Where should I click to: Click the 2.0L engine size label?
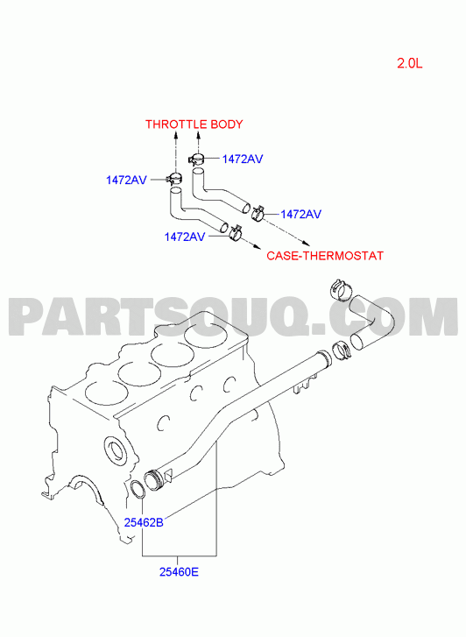tap(410, 63)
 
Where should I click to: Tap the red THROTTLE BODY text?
tap(194, 124)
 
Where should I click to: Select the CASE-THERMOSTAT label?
tap(325, 256)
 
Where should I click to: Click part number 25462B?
tap(144, 522)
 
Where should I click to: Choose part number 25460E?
tap(179, 572)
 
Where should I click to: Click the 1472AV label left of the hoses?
tap(126, 180)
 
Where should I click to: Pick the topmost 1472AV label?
tap(242, 159)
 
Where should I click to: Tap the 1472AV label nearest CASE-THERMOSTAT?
tap(300, 214)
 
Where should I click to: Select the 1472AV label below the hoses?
tap(184, 237)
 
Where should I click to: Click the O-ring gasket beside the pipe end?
tap(138, 489)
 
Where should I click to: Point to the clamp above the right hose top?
tap(197, 159)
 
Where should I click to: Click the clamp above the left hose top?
tap(174, 179)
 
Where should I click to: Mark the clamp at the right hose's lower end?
tap(258, 212)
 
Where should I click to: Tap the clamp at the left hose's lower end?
tap(236, 232)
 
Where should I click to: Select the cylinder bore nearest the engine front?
tap(107, 393)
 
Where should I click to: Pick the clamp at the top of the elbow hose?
tap(340, 289)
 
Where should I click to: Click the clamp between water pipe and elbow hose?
tap(342, 351)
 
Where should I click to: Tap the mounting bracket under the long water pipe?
tap(305, 385)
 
